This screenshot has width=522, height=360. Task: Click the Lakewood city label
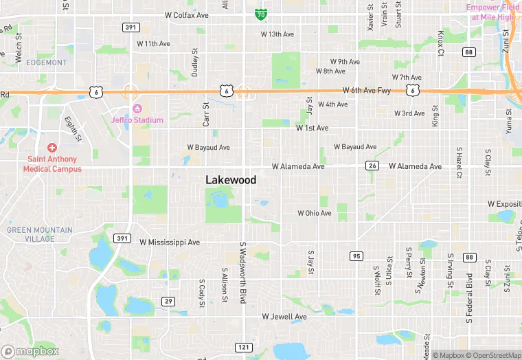(231, 180)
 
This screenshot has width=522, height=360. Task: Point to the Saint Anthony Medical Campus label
(52, 164)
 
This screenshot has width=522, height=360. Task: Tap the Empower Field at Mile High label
(489, 12)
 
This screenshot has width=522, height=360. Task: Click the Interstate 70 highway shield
(260, 13)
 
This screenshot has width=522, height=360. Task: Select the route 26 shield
(372, 166)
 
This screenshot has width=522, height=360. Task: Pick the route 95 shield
(356, 256)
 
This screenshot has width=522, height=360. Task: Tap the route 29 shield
(168, 301)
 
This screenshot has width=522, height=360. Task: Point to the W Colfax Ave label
(187, 14)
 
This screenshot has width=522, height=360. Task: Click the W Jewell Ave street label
(284, 317)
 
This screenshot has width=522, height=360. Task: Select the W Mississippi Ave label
(170, 242)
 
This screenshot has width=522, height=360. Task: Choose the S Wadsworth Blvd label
(242, 272)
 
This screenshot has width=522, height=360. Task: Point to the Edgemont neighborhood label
(47, 63)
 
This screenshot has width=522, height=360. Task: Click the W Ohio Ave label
(315, 213)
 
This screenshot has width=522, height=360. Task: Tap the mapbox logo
(30, 351)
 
